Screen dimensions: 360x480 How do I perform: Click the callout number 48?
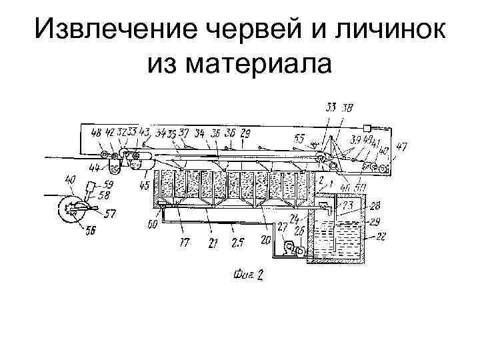tap(97, 133)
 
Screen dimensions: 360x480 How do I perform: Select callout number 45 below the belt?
tap(144, 185)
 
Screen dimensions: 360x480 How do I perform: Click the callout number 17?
tap(183, 243)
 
